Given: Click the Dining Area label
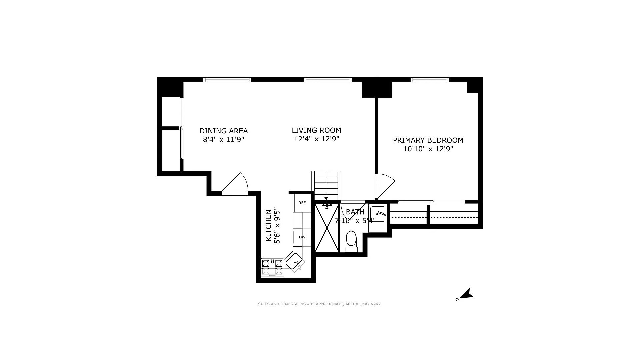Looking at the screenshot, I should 223,131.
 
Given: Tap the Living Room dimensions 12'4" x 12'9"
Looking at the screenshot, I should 316,139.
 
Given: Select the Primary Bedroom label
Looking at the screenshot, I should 428,140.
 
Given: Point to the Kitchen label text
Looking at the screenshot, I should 268,226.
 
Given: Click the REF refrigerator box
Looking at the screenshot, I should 302,203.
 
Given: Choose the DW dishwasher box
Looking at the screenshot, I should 302,237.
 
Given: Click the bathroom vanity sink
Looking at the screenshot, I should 377,214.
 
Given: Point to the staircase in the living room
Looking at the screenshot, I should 326,185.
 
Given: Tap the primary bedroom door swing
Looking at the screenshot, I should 385,185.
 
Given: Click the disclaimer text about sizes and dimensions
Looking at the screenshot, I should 319,304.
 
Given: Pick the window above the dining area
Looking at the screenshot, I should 227,80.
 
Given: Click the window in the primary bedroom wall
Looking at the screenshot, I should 430,80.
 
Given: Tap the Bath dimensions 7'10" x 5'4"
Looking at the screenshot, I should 355,220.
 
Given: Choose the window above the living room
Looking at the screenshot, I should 328,80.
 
